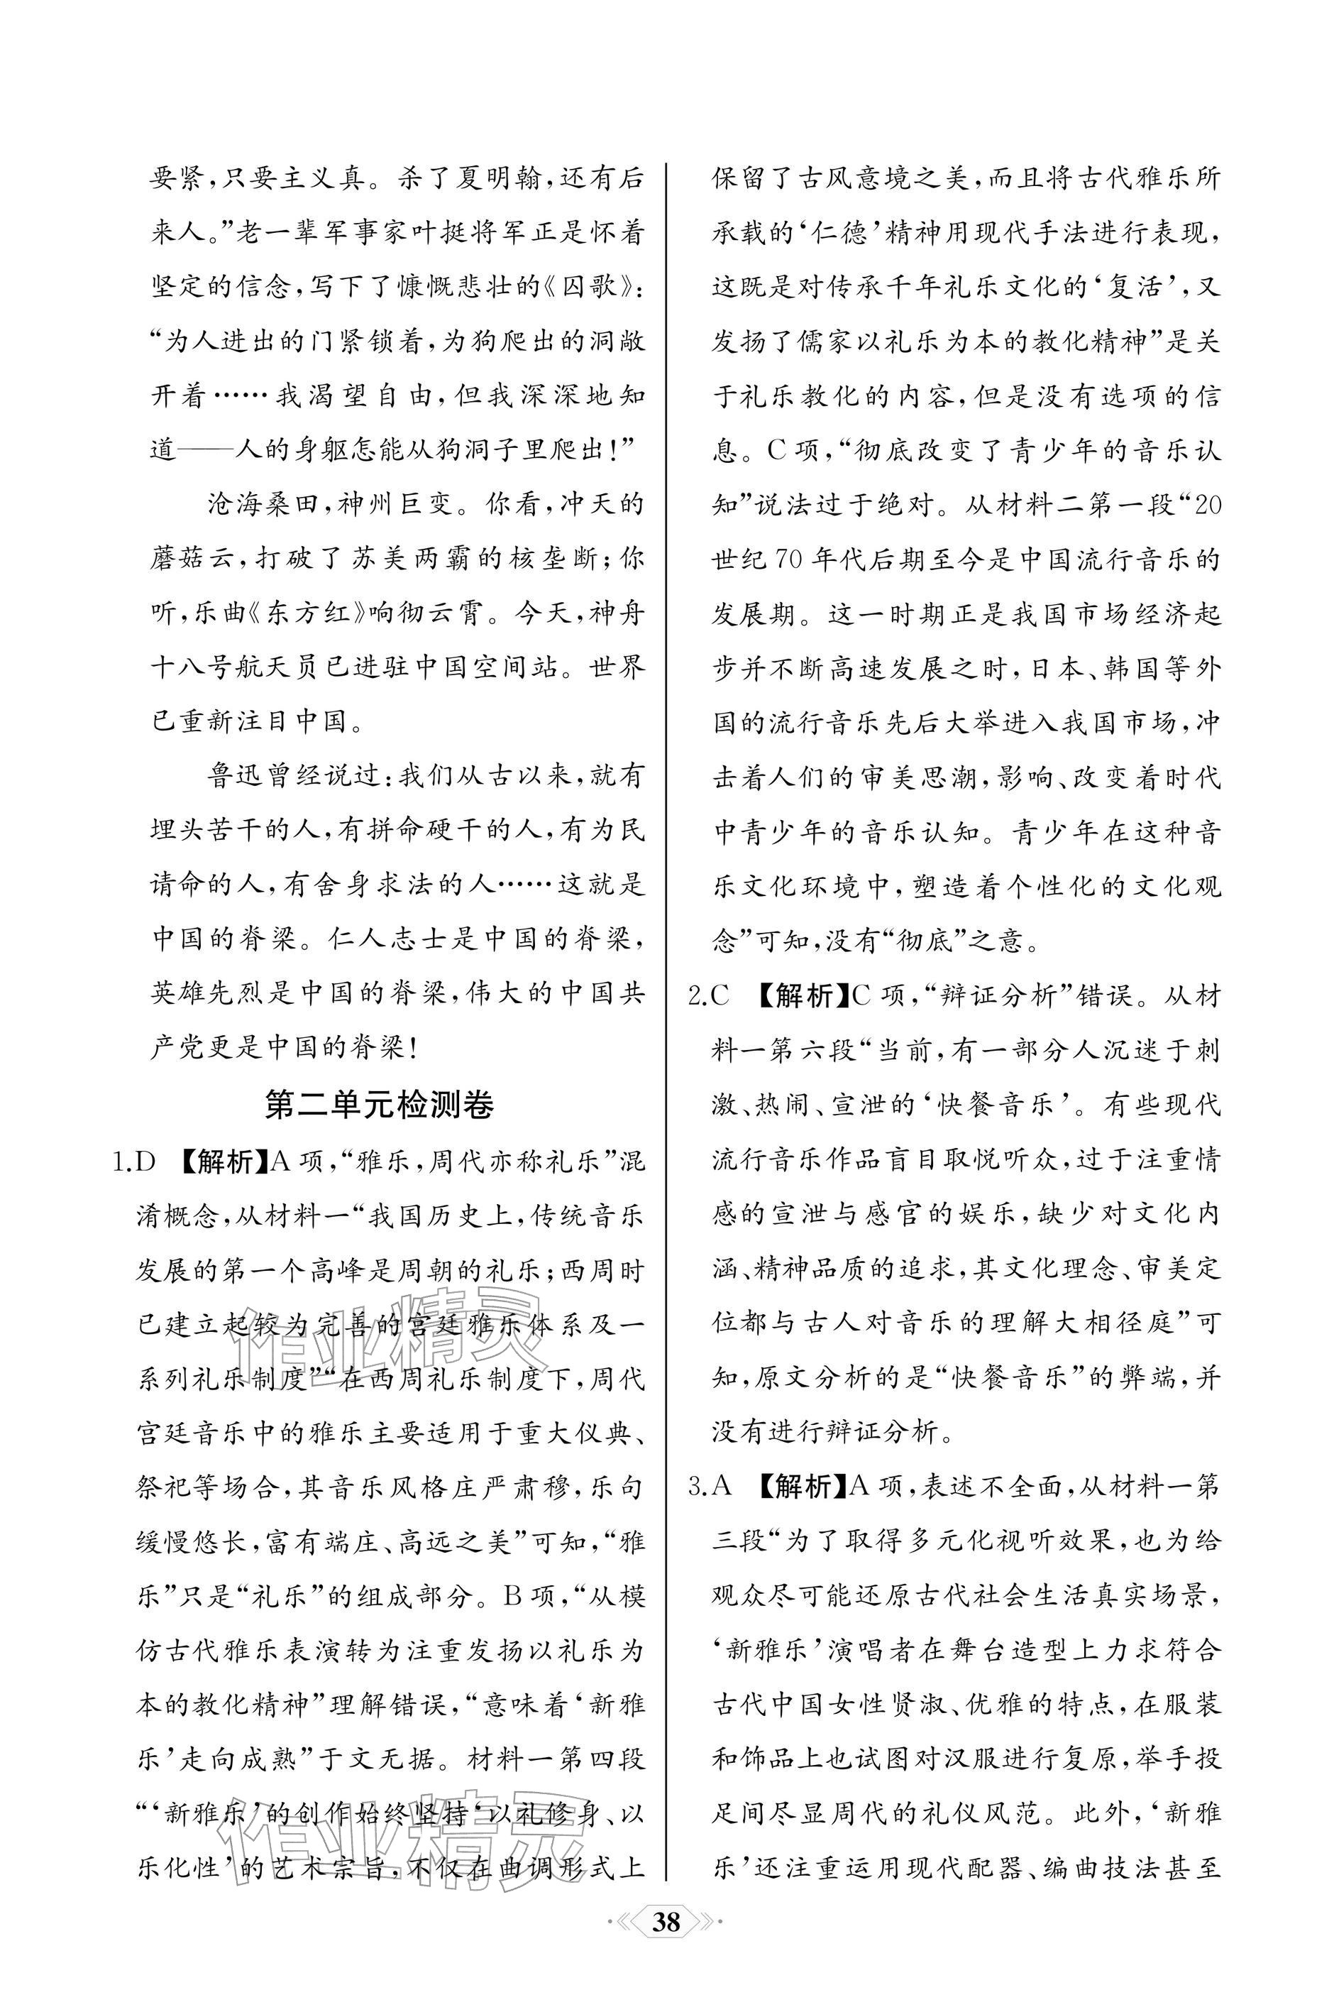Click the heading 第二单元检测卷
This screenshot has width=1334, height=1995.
point(379,1104)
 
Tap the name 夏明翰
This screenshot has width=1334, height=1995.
point(492,179)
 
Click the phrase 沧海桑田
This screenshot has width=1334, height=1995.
point(265,505)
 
